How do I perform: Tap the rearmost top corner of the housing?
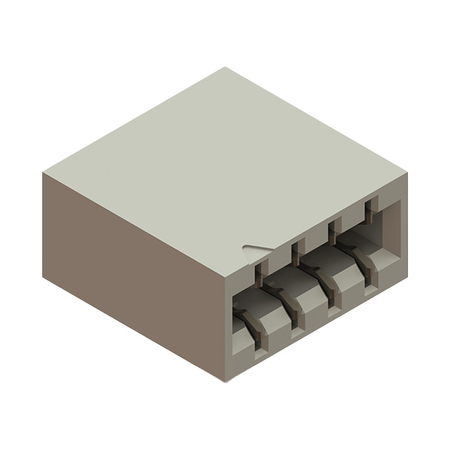click(225, 68)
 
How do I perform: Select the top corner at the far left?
click(43, 172)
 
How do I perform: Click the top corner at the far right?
click(407, 171)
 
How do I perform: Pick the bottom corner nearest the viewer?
click(226, 381)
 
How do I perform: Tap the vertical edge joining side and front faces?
click(226, 328)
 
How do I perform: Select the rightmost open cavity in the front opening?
click(384, 233)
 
